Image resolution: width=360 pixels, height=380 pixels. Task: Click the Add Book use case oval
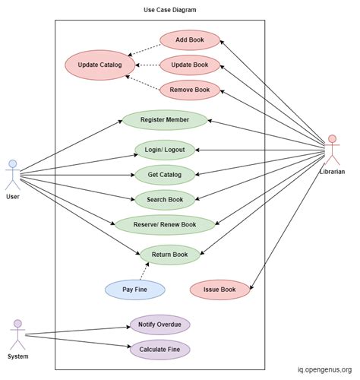point(190,40)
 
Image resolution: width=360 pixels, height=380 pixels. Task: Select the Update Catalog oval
point(99,65)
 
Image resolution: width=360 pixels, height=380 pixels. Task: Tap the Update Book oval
point(190,65)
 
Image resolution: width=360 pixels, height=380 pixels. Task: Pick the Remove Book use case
point(190,90)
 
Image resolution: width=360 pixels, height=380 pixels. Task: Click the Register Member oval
point(165,120)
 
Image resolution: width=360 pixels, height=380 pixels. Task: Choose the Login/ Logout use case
point(165,149)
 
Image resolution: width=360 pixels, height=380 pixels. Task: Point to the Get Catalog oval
point(165,175)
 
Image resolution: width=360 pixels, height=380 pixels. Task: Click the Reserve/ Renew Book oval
point(165,224)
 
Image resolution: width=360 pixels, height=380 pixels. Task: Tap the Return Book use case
point(169,254)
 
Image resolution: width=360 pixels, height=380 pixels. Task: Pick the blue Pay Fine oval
point(135,289)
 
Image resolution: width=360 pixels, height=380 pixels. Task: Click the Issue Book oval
point(219,289)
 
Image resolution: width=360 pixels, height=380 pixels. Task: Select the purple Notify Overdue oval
point(159,325)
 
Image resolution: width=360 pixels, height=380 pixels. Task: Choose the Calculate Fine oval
point(159,350)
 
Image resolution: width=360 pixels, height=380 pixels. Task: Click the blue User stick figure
point(12,175)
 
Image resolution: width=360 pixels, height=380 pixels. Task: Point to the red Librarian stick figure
point(331,150)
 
